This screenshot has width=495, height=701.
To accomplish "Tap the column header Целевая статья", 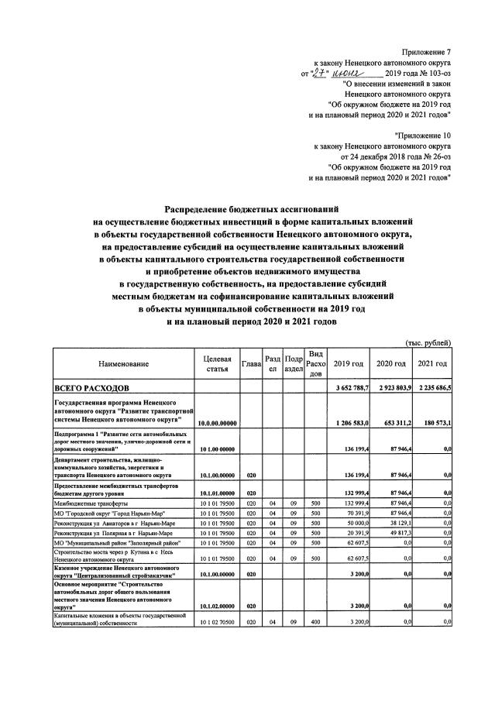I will point(217,364).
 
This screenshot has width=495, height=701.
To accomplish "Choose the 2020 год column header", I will point(390,364).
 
